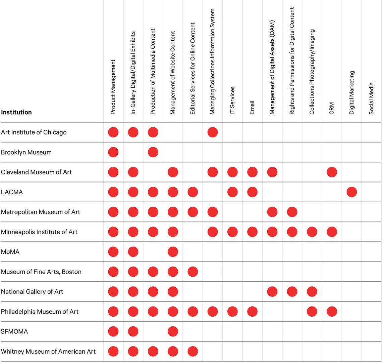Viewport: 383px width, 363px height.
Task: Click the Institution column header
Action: [x=16, y=112]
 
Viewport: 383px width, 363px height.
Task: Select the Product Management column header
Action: [x=113, y=87]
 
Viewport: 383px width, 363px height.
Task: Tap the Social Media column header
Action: [x=371, y=98]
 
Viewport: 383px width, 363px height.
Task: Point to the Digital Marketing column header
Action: [x=351, y=92]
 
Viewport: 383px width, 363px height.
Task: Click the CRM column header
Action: [x=332, y=108]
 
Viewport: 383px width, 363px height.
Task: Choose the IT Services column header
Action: [x=232, y=100]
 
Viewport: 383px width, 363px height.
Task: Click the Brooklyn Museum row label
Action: [x=26, y=152]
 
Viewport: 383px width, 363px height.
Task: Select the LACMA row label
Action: [x=12, y=192]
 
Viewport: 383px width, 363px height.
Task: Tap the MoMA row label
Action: [x=10, y=252]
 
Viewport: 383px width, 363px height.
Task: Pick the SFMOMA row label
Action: [x=14, y=331]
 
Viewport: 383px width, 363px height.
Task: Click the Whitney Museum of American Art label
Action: [x=48, y=352]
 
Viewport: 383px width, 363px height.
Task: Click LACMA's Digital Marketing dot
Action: [x=351, y=192]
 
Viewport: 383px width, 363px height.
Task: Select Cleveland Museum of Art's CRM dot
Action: [x=332, y=172]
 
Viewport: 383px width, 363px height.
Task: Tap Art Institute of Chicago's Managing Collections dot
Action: [x=212, y=132]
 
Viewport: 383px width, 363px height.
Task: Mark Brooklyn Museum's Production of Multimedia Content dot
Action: [x=153, y=152]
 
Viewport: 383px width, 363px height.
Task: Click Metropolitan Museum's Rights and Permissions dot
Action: [x=292, y=212]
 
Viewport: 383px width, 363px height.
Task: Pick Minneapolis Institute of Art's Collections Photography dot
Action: [x=312, y=232]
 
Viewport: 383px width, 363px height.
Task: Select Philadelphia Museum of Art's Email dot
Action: [x=252, y=312]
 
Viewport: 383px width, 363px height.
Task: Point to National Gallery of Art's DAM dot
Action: [x=272, y=291]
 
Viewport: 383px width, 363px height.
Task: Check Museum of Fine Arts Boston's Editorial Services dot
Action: [x=193, y=272]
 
